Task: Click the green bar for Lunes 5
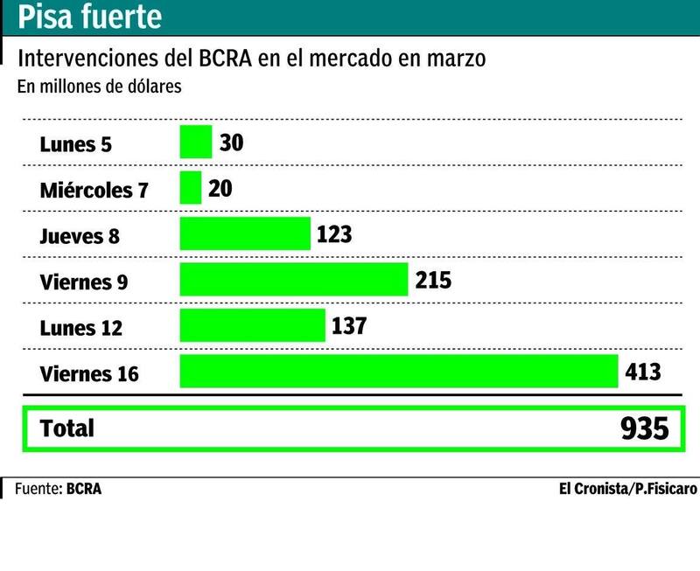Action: click(x=196, y=142)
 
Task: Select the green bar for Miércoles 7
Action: click(x=191, y=188)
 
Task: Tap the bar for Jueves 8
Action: click(x=245, y=234)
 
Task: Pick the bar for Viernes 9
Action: click(x=294, y=280)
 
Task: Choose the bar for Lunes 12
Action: click(x=252, y=325)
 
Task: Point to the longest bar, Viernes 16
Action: click(x=399, y=372)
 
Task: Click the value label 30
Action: click(x=231, y=142)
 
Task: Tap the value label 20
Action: click(x=220, y=188)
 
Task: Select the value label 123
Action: click(x=334, y=234)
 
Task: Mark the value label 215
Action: click(x=433, y=280)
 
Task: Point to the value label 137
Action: click(x=349, y=325)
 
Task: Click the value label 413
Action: click(x=643, y=372)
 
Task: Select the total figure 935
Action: click(x=644, y=429)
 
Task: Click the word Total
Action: click(x=67, y=428)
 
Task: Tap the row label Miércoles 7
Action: click(x=94, y=190)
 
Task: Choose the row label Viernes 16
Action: click(x=89, y=374)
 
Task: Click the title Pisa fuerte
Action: click(x=90, y=17)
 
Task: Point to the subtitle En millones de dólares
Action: click(x=99, y=87)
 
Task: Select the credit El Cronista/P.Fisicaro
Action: click(x=627, y=489)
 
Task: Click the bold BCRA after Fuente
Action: click(x=84, y=489)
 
